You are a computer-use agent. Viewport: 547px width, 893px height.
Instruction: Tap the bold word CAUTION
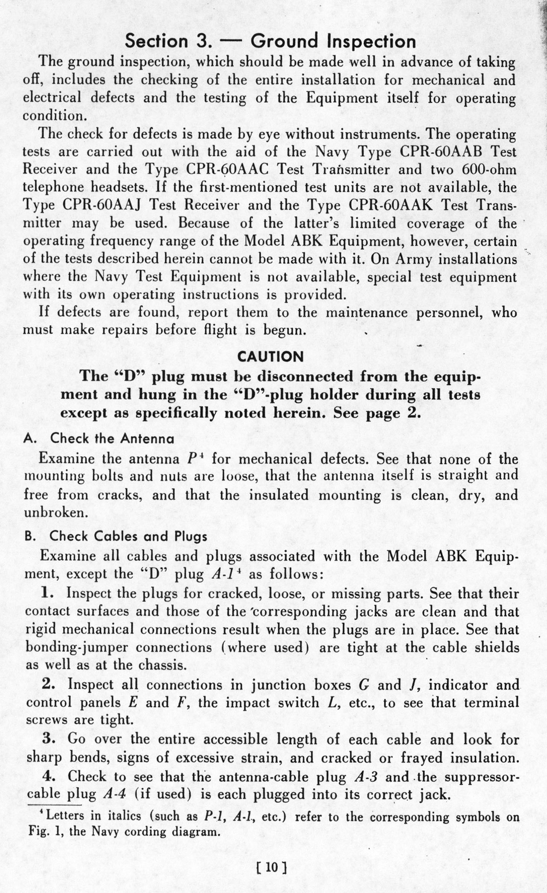coord(270,357)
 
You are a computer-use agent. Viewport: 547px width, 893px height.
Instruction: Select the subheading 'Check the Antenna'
coord(112,438)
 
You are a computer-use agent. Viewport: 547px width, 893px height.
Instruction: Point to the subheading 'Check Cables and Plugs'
coord(128,536)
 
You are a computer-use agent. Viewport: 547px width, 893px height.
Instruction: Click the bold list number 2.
coord(49,684)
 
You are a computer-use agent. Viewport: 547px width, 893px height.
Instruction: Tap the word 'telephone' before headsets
coord(52,187)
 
